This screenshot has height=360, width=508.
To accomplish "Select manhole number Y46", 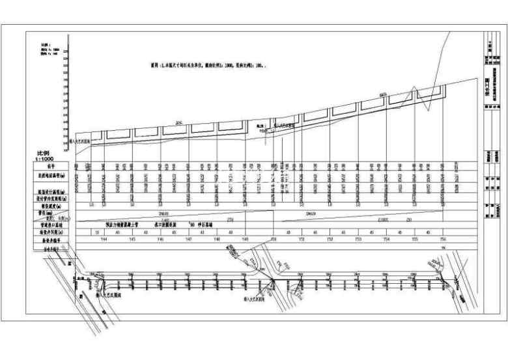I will pyautogui.click(x=161, y=240).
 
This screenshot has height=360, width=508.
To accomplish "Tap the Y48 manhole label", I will pyautogui.click(x=218, y=240).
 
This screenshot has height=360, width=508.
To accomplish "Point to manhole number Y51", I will pyautogui.click(x=302, y=240).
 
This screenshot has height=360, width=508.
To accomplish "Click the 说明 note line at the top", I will pyautogui.click(x=208, y=66).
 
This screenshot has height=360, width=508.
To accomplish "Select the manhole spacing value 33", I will pyautogui.click(x=97, y=232).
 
